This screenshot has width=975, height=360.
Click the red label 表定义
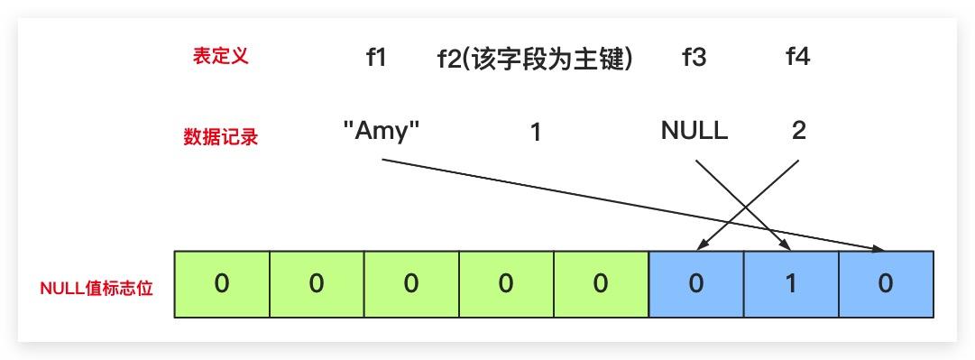coord(220,56)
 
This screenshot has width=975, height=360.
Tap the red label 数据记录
coord(220,137)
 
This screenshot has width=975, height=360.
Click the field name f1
coord(376,59)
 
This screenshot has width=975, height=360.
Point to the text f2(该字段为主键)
coord(534,59)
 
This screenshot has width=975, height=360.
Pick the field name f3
coord(694,59)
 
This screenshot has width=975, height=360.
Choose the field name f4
coord(798,59)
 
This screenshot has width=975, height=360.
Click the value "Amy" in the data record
coord(382,131)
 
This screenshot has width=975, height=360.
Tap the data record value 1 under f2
coord(535,133)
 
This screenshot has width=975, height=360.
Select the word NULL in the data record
coord(694,131)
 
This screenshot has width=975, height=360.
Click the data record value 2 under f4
coord(798,131)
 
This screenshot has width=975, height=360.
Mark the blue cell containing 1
coord(791,284)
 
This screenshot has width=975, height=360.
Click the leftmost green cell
coord(222,284)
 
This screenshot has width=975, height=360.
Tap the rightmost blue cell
coord(886,284)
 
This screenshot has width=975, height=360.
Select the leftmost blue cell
coord(696,284)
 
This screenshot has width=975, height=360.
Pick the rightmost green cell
coord(601,284)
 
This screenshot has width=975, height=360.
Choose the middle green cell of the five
coord(411,284)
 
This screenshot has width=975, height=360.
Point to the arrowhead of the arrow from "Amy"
coord(880,248)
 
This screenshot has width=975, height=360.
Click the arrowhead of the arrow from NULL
coord(786,246)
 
